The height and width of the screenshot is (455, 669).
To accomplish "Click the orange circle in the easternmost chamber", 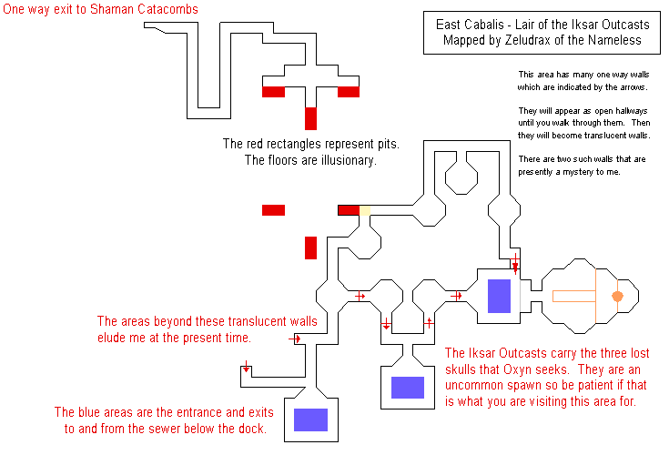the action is click(617, 296).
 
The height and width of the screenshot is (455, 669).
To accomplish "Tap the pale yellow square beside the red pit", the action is click(364, 210).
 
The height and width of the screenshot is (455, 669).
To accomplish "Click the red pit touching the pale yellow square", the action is click(349, 210).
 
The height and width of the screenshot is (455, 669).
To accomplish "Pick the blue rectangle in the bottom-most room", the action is click(310, 420).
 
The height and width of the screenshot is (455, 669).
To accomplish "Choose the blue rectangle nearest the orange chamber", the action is click(499, 296).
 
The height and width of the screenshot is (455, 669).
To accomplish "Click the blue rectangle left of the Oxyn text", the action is click(408, 387).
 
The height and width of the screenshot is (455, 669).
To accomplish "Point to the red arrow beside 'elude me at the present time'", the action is click(295, 339).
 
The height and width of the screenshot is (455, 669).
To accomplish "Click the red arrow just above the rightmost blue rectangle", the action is click(515, 263).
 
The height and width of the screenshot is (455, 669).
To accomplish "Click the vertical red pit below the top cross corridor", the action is click(310, 118).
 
